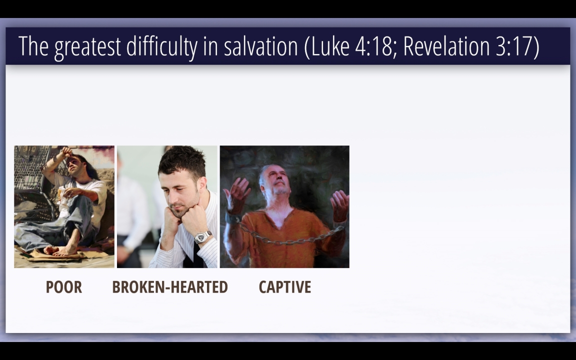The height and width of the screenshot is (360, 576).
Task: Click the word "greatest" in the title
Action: coord(87,47)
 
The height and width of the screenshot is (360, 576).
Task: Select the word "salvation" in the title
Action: coord(261,46)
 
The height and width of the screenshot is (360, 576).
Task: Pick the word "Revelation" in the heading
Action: coord(446,46)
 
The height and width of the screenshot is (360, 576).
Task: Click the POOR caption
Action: coord(64,287)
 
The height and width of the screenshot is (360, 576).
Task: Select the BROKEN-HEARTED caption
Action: coord(169,287)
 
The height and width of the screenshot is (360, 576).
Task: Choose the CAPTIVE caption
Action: coord(284,287)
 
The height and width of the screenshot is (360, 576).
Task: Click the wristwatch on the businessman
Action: coord(202,237)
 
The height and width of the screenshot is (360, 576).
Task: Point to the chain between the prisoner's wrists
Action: coord(290,238)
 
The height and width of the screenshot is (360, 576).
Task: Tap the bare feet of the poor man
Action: coord(60,250)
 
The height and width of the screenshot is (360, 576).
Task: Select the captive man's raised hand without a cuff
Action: coord(339,204)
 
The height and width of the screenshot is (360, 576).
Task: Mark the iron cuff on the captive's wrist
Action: coord(232,218)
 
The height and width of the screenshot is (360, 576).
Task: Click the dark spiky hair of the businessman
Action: coord(182,161)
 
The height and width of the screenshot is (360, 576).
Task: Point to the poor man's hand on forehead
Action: coord(67,152)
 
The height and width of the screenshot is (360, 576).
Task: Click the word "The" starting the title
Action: coord(33,46)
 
